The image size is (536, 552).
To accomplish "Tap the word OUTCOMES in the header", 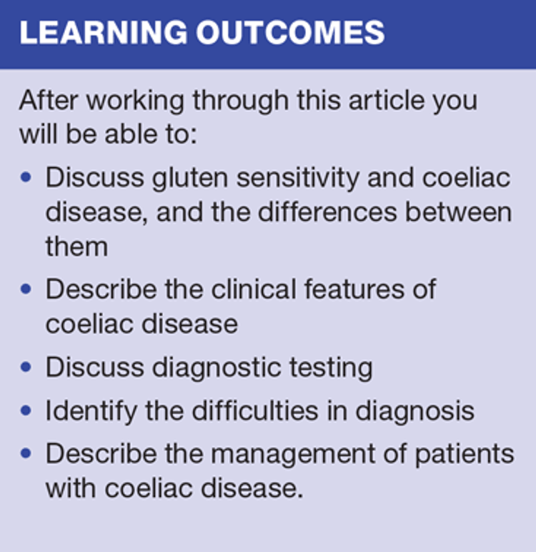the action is [x=290, y=32].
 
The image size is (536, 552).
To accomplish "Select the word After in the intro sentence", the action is [x=49, y=100].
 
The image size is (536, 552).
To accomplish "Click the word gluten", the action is [x=190, y=178].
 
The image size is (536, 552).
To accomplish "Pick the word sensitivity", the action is [x=298, y=178].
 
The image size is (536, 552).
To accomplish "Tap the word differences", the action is [x=327, y=212].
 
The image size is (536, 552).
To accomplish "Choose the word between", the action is [x=459, y=212].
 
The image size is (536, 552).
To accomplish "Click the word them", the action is [x=76, y=247].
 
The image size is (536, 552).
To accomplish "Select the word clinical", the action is [x=254, y=290].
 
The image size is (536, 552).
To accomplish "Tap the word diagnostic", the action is [x=217, y=368].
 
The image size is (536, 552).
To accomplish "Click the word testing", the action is [x=331, y=368].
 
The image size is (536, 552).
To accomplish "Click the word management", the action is [x=293, y=455].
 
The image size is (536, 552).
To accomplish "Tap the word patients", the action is [x=465, y=455].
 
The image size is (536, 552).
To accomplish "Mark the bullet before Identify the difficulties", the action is [x=26, y=410].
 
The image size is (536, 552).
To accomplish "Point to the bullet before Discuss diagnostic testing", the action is [x=26, y=367].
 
